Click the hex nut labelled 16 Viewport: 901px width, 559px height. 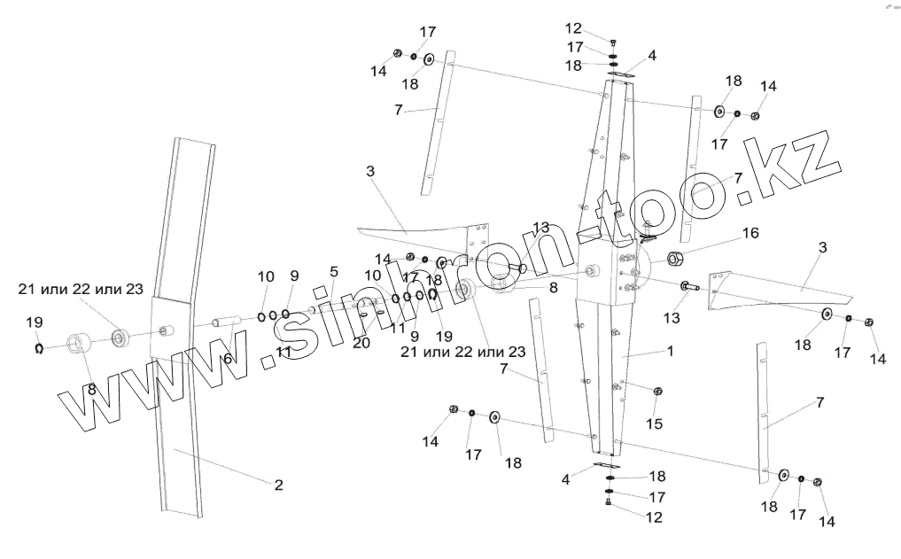(675, 259)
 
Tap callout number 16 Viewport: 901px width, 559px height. (750, 234)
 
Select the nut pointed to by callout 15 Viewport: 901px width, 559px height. (657, 392)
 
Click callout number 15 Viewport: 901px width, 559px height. (654, 424)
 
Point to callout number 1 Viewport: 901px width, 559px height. (670, 351)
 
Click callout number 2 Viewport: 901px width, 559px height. (278, 485)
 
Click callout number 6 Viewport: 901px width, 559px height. (229, 358)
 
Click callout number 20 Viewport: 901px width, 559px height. (361, 343)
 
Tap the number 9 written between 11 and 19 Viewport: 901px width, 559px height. (414, 336)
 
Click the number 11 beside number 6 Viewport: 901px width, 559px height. (283, 352)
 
